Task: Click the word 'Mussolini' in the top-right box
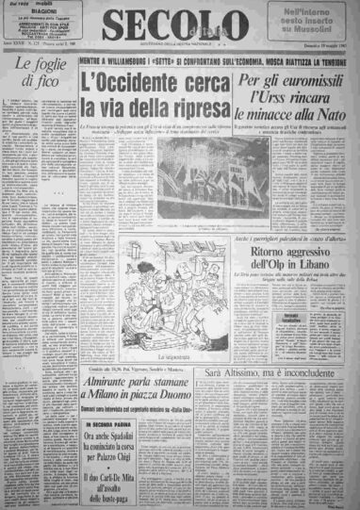point(317,33)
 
